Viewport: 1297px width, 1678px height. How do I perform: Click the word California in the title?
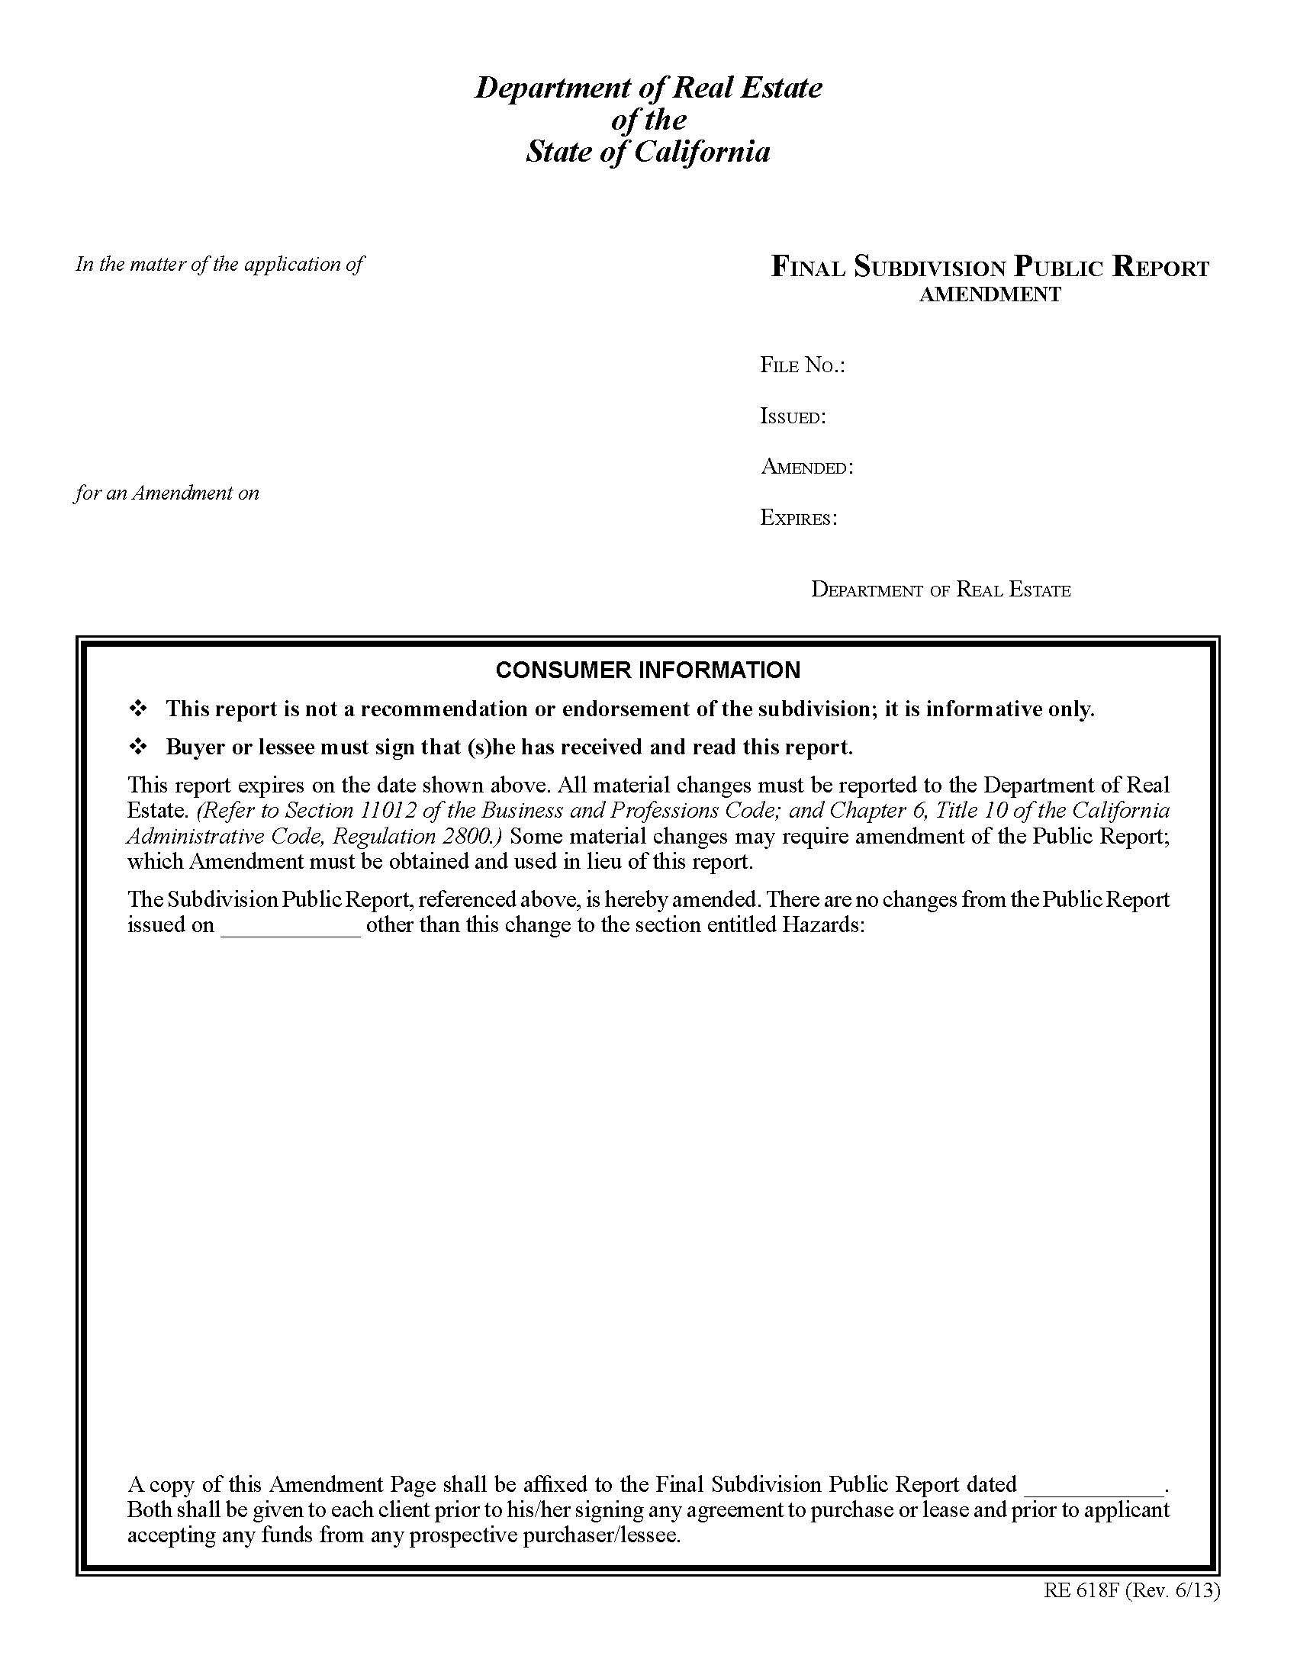tap(701, 151)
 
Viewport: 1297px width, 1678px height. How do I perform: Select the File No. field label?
tap(802, 365)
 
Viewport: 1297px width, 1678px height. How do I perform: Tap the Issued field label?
tap(792, 416)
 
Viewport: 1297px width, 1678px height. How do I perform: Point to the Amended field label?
tap(806, 467)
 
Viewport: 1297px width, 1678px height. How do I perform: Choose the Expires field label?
tap(798, 518)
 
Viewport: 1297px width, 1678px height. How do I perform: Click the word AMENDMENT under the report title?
tap(990, 294)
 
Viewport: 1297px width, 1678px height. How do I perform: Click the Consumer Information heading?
tap(648, 670)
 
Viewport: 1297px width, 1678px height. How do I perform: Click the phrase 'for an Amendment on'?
tap(167, 493)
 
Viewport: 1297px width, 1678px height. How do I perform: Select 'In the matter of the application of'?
tap(219, 265)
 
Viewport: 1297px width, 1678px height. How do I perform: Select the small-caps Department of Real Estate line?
tap(941, 590)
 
